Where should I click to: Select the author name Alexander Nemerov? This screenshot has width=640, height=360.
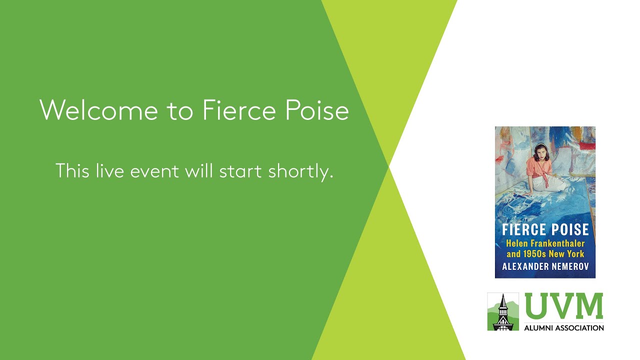(x=545, y=266)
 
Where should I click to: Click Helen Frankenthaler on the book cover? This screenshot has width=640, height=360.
(x=545, y=243)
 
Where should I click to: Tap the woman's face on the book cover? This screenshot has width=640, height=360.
(x=540, y=150)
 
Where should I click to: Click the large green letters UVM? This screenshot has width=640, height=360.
(x=563, y=306)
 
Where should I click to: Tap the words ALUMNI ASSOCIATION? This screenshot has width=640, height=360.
(x=563, y=328)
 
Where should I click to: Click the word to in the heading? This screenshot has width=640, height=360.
(x=180, y=110)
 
